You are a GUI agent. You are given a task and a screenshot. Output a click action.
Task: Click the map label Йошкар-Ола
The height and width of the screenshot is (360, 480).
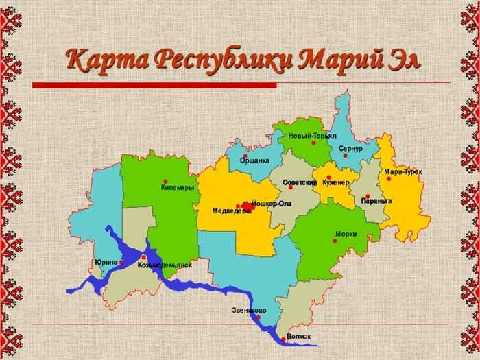[272, 204]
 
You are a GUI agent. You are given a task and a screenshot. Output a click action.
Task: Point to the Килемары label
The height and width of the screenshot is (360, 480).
[178, 187]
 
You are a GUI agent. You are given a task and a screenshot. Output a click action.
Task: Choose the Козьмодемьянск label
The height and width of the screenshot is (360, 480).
[165, 264]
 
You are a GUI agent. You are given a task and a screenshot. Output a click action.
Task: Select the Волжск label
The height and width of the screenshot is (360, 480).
[299, 337]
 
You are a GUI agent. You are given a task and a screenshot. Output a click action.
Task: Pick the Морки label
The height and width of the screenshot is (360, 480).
[346, 234]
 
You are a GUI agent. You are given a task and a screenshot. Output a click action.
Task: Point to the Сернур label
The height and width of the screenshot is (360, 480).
[350, 148]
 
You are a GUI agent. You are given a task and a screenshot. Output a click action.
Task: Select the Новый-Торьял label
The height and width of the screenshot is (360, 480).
[312, 136]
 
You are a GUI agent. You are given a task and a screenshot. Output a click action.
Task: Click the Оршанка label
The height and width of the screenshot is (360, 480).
[254, 161]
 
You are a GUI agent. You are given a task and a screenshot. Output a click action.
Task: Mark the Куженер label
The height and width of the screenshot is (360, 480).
[336, 183]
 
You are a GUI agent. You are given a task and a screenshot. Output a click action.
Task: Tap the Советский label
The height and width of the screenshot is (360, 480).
[300, 183]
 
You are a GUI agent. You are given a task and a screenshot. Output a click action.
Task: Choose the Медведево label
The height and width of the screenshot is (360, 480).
[228, 211]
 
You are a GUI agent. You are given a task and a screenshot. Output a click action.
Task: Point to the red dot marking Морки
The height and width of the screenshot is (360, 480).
[333, 234]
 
